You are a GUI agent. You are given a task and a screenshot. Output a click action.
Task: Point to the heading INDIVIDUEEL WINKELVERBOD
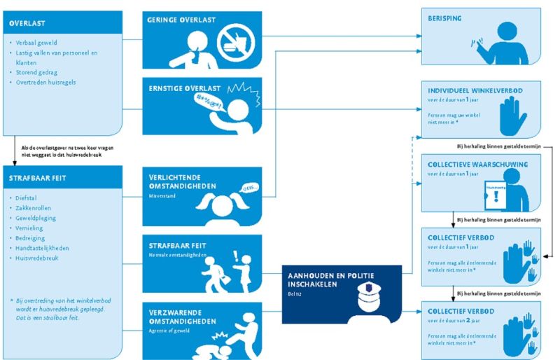point(475,90)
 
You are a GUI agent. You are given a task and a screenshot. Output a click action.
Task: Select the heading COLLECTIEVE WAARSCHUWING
point(477,165)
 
